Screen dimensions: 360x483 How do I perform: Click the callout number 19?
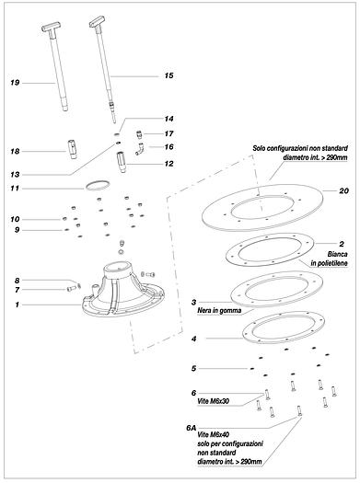[15, 83]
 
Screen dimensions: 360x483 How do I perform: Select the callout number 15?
[168, 75]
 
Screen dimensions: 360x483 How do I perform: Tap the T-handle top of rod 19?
[51, 27]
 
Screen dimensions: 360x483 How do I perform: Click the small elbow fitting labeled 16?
[139, 149]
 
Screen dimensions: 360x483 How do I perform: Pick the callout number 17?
[168, 133]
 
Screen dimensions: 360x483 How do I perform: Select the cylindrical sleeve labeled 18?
[72, 149]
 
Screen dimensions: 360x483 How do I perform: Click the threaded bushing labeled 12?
[122, 162]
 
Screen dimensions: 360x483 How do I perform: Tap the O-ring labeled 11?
[98, 186]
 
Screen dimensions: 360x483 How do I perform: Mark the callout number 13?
[15, 175]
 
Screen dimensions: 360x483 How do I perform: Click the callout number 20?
[344, 191]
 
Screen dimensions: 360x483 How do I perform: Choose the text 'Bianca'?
[338, 254]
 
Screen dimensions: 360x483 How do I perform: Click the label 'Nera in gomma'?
[219, 311]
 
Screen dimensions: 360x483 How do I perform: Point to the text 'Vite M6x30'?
[213, 401]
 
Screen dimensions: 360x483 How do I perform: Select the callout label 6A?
[192, 428]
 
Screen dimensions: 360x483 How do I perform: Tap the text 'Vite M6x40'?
[213, 434]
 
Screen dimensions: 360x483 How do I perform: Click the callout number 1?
[17, 305]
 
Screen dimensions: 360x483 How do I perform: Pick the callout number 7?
[17, 290]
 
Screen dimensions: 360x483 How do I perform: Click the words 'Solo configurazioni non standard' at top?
[300, 148]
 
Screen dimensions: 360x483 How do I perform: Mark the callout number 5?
[193, 368]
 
